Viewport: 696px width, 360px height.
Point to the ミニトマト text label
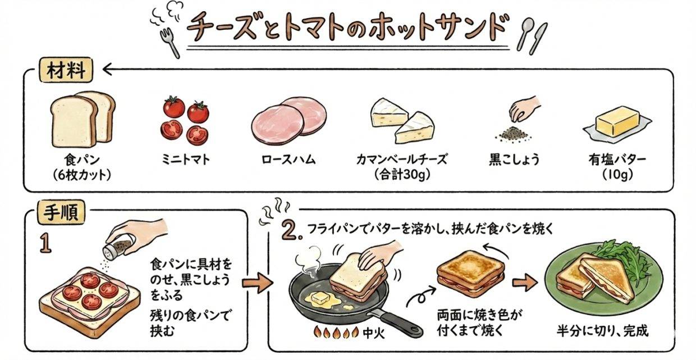click(x=184, y=160)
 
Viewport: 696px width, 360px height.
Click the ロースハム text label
click(x=289, y=160)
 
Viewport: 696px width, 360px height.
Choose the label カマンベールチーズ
click(x=401, y=160)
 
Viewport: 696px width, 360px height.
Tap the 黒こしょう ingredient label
click(x=514, y=160)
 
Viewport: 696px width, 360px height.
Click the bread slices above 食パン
click(x=83, y=117)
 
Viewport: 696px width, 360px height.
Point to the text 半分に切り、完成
click(x=602, y=331)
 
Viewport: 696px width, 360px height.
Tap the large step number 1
click(x=46, y=243)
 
